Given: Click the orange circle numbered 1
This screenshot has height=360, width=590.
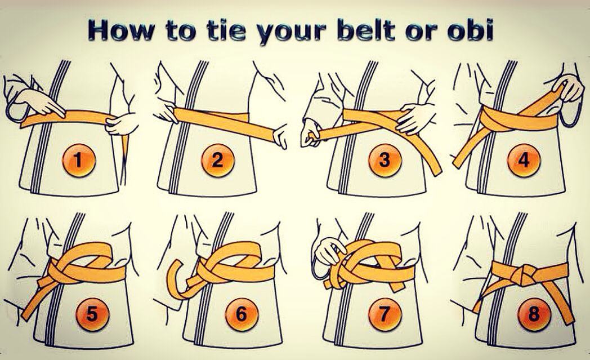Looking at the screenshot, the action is [79, 161].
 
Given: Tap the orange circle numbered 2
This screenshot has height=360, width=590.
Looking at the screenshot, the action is [218, 161].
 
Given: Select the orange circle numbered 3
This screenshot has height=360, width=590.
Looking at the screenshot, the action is [385, 161].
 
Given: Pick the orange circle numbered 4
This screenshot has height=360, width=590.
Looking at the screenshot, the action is [524, 161].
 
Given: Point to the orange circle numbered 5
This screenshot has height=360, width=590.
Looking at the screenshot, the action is [92, 314].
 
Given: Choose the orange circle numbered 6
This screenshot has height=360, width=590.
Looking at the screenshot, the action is [241, 314].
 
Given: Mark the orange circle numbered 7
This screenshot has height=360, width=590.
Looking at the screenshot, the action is [385, 314].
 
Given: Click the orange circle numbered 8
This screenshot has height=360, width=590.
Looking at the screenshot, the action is [534, 314].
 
